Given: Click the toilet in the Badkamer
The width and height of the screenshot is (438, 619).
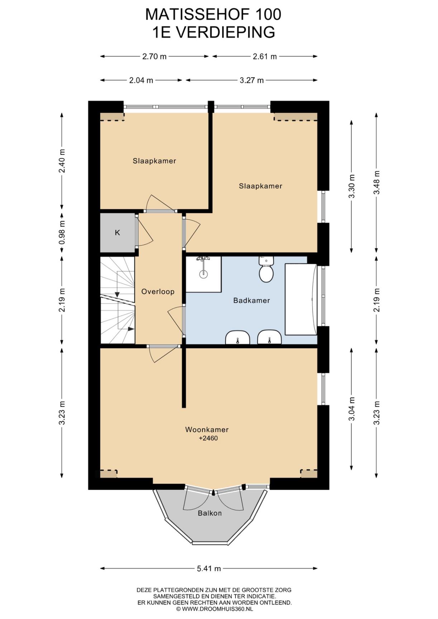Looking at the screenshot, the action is point(266,269).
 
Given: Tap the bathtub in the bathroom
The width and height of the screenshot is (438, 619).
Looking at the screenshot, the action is point(301,299).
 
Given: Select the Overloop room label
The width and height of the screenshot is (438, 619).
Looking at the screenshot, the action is point(158,292).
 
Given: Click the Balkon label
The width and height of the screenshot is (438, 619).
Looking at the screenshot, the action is point(210,513).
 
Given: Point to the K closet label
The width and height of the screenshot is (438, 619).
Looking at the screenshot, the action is point(117,233).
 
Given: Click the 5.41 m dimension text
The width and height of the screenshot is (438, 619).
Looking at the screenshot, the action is point(209,568).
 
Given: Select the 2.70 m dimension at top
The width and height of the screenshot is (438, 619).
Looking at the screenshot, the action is point(154,56).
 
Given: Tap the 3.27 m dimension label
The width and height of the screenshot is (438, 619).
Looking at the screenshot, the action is point(252,80).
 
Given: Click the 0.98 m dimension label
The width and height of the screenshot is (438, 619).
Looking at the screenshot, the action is point(62,232).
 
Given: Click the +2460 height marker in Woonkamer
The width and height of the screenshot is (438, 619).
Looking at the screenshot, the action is point(208,438).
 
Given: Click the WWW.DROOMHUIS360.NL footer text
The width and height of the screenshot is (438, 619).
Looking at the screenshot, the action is point(218,609).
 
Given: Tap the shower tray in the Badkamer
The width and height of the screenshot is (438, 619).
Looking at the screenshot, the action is point(203,274).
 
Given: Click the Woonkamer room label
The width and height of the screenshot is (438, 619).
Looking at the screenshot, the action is point(207,430).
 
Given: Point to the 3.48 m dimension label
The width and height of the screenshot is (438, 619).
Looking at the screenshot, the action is point(377,182).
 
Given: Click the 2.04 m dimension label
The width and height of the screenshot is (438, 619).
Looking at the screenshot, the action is point(141,80).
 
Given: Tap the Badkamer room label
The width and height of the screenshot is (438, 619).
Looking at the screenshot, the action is point(252,301).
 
